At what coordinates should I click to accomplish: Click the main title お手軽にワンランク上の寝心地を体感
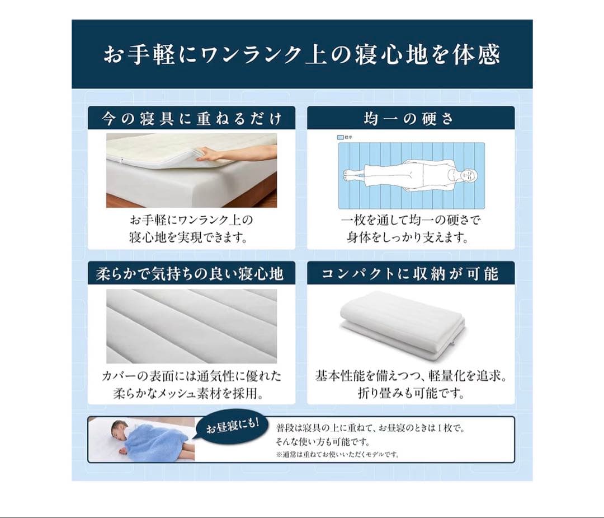tap(301, 55)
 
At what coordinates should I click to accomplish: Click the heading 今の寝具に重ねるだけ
tap(191, 119)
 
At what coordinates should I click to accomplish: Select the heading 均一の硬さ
tap(410, 119)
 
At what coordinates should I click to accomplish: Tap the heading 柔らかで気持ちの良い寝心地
tap(191, 274)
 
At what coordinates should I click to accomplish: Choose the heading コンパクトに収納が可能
tap(410, 274)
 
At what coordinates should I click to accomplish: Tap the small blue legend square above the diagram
tap(341, 137)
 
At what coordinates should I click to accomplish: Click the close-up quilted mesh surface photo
tap(191, 326)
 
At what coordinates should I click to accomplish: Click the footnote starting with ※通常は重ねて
tap(338, 454)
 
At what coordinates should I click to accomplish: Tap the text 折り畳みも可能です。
tap(411, 393)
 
